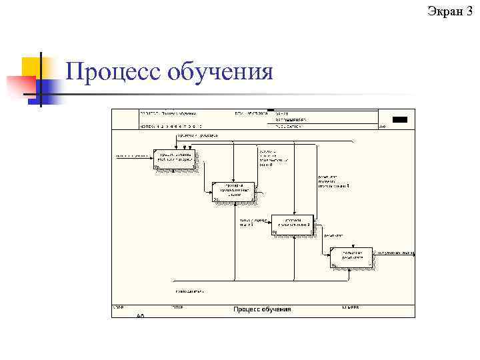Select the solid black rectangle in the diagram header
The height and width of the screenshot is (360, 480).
point(399,119)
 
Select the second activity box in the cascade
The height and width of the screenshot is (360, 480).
point(233,191)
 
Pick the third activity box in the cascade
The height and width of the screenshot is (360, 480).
point(292,225)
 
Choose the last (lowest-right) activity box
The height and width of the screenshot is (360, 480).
point(351,257)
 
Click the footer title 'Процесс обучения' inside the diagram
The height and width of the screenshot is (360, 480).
point(262,309)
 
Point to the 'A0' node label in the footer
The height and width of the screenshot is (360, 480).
point(140,315)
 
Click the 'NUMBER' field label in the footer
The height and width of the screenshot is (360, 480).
point(351,307)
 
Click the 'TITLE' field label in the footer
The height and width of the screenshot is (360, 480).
point(177,307)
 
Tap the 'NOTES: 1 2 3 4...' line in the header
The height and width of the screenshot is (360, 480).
point(171,126)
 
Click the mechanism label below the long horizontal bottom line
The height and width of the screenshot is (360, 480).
point(190,291)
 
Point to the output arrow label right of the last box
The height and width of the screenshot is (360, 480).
point(396,253)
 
